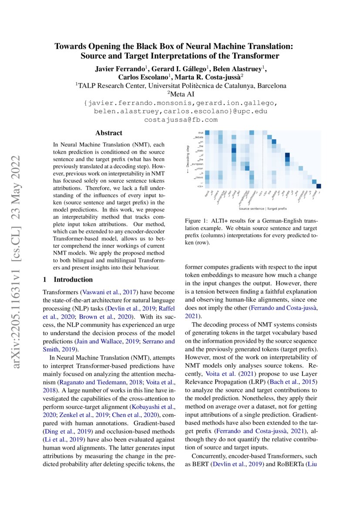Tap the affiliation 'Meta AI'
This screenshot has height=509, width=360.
pyautogui.click(x=181, y=94)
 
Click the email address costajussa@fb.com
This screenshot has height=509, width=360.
pyautogui.click(x=181, y=119)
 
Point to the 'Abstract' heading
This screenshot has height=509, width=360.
pyautogui.click(x=109, y=133)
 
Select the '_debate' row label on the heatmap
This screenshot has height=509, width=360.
pyautogui.click(x=199, y=138)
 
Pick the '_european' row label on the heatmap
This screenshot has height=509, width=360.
pyautogui.click(x=197, y=164)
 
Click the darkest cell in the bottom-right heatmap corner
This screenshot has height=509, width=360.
pyautogui.click(x=318, y=186)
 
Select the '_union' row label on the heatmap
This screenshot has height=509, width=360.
pyautogui.click(x=199, y=168)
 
